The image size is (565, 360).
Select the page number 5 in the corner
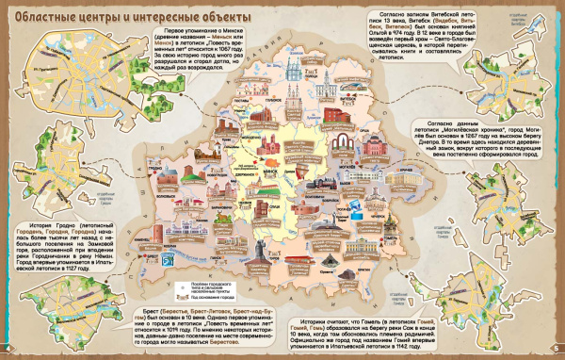(x=557, y=352)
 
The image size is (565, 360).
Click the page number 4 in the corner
(x=8, y=352)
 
